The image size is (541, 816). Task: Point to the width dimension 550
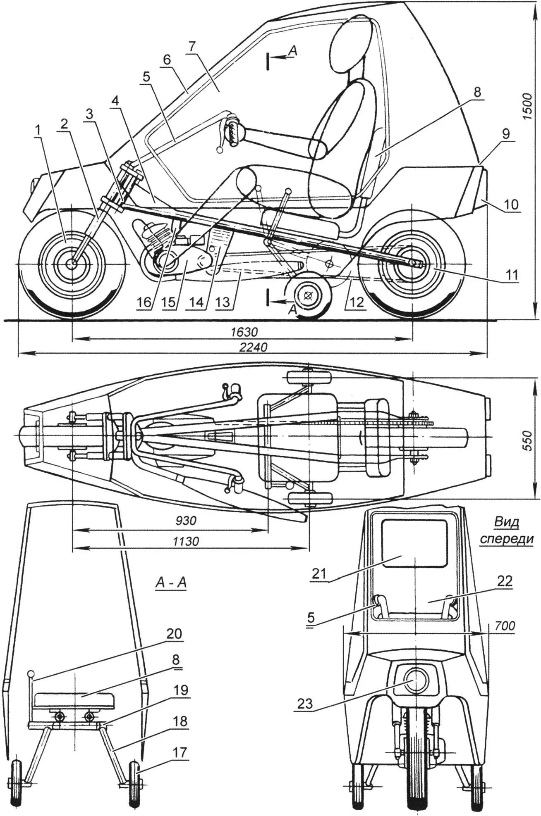coord(526,438)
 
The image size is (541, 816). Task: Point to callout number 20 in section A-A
coord(174,634)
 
